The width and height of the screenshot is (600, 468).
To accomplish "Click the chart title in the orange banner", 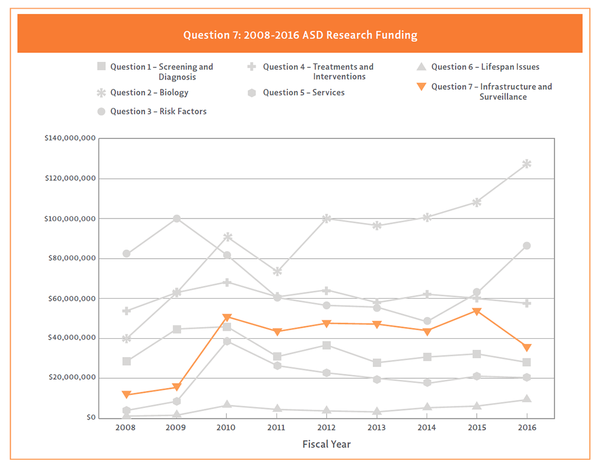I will coord(300,35).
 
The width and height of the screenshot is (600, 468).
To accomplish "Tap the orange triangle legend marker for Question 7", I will coord(421,87).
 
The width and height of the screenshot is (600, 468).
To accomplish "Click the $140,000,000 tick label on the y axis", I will coord(70,138).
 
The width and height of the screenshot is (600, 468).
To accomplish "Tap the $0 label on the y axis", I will coord(91,418).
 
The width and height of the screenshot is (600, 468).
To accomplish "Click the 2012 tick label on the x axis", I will coord(326,428).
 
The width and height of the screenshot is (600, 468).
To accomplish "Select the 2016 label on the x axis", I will coord(526,428).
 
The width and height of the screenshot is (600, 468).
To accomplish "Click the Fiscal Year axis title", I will coord(326,444).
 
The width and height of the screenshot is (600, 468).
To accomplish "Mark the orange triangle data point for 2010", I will coord(226,317).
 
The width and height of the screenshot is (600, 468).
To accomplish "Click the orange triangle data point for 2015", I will coord(477,312).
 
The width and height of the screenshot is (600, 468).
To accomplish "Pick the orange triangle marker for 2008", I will coord(127,394).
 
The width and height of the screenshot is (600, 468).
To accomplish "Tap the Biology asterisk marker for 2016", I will coord(526,163).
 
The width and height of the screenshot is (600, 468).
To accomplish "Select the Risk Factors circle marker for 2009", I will coord(177,218).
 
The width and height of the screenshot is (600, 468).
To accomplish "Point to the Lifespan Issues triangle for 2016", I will coord(526,399).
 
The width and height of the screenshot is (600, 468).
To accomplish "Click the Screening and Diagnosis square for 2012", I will coord(326,345).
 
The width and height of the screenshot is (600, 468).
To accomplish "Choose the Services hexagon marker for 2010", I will coord(226,341).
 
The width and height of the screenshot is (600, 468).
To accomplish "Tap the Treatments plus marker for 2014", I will coord(427,294).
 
